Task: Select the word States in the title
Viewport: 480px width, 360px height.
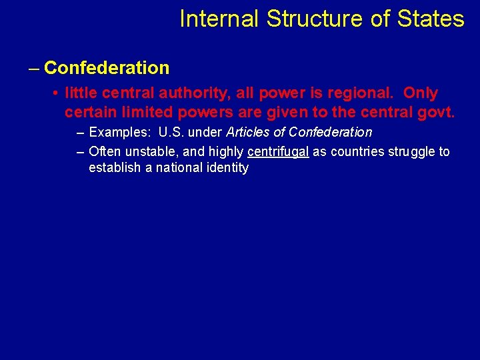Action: [x=431, y=19]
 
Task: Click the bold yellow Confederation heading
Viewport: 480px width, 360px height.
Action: [x=107, y=68]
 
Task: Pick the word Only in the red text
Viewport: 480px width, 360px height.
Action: [x=421, y=93]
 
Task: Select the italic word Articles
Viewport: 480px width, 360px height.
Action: [x=248, y=133]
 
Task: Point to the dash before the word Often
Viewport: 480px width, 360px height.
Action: [x=81, y=152]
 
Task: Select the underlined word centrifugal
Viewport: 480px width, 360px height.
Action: [x=278, y=152]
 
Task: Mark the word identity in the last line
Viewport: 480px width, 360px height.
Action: [x=226, y=168]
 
